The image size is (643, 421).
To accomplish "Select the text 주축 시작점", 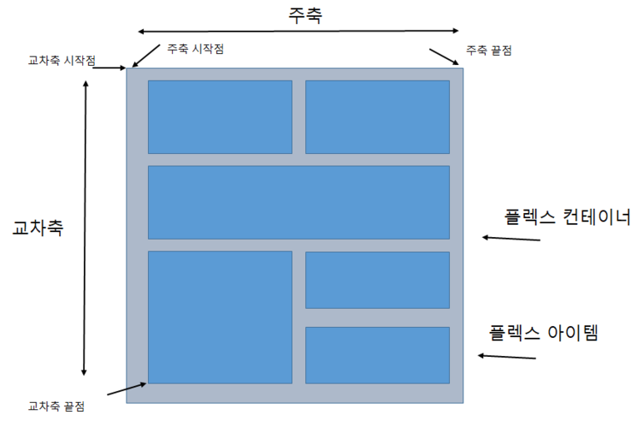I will click(195, 49).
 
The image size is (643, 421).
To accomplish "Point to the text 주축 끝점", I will click(488, 50).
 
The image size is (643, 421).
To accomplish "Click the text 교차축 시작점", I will click(62, 61).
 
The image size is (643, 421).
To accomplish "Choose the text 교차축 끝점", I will click(57, 406).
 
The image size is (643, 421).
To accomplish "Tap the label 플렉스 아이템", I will click(544, 333).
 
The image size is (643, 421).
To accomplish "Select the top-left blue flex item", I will click(220, 116).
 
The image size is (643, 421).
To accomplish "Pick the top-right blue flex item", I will click(377, 116).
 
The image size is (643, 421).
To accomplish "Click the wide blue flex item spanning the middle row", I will click(299, 202).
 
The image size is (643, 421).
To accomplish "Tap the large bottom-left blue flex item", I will click(220, 316).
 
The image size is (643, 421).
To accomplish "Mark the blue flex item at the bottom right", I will click(377, 355).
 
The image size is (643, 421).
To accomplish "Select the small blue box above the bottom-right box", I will click(377, 280).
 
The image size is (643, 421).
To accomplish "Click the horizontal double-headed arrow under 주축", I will click(298, 31).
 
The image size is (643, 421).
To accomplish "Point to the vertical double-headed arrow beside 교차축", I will click(84, 228).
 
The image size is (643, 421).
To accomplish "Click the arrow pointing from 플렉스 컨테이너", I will click(512, 239).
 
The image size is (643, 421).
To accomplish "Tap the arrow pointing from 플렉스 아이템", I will click(507, 357).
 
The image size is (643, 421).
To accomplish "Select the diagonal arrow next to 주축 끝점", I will click(443, 56).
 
